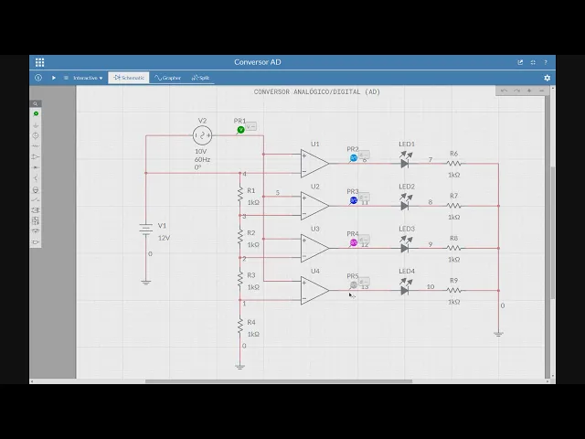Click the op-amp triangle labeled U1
click(314, 164)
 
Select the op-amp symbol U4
click(314, 290)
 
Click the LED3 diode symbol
click(405, 248)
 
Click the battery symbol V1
click(145, 230)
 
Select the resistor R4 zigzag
click(239, 325)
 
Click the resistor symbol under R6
click(453, 164)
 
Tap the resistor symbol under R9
click(453, 290)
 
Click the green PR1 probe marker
click(241, 130)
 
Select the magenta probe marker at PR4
click(354, 242)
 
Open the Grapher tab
click(168, 78)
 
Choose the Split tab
click(201, 78)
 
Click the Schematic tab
click(129, 78)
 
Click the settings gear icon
click(548, 78)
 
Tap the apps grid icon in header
click(39, 62)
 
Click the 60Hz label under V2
click(202, 159)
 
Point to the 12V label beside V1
click(164, 238)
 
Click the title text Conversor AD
click(258, 62)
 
